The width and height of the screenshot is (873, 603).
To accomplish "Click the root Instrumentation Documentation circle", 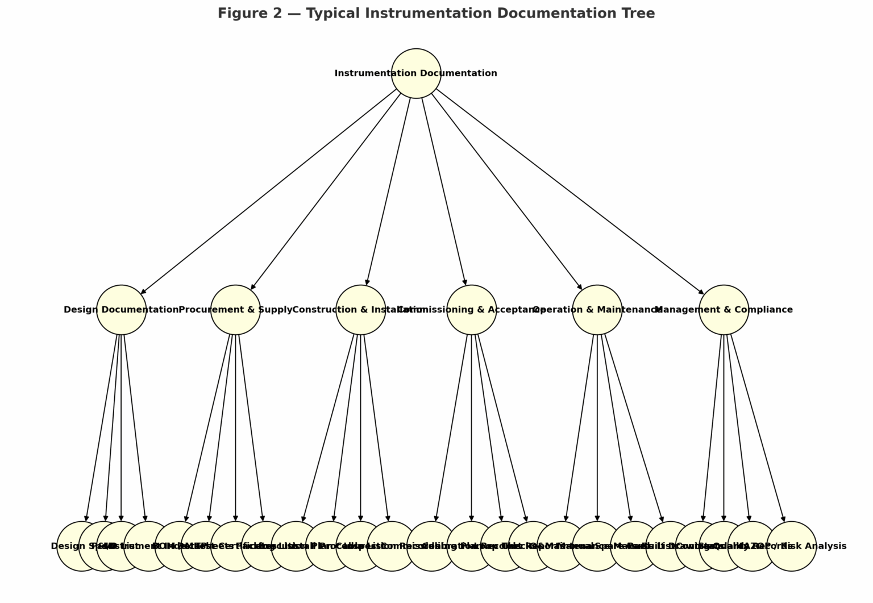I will (x=416, y=73).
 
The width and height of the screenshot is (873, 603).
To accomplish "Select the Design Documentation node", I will (x=121, y=310).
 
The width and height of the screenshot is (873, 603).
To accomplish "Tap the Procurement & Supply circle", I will (x=235, y=310).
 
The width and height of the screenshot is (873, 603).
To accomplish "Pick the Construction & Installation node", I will (x=360, y=310).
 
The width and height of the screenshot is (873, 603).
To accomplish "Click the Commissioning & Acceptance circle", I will (x=471, y=310).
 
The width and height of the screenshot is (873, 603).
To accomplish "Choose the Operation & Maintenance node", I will (x=597, y=310).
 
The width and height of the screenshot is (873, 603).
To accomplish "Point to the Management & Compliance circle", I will (x=724, y=310).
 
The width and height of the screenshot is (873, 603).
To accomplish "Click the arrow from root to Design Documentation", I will (x=270, y=192).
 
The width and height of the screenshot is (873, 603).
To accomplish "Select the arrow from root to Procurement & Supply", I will (x=326, y=192).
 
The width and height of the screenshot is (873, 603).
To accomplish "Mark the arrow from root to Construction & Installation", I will (x=388, y=192).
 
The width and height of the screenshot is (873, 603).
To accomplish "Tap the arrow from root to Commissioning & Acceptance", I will (x=443, y=192).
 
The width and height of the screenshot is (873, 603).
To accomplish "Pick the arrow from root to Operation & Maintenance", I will (x=506, y=192).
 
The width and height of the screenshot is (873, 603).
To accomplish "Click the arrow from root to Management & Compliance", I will (x=570, y=192).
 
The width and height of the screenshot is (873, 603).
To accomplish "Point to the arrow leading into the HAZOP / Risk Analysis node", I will (x=758, y=428).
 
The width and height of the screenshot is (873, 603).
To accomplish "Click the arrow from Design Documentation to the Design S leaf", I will (x=102, y=428).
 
